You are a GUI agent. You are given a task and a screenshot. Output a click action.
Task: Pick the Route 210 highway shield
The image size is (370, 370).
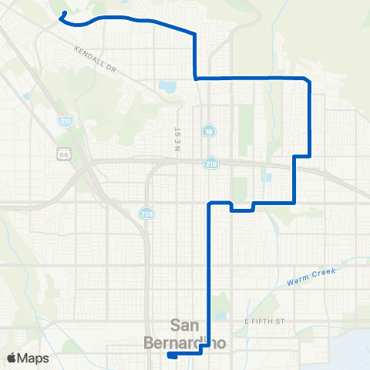[x=210, y=163]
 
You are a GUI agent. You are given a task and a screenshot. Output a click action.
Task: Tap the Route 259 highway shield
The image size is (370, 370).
[x=146, y=213]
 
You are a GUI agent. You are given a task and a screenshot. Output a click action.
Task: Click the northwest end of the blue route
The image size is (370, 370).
[x=60, y=14]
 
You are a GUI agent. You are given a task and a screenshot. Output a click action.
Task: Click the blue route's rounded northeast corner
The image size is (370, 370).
[x=308, y=80]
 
